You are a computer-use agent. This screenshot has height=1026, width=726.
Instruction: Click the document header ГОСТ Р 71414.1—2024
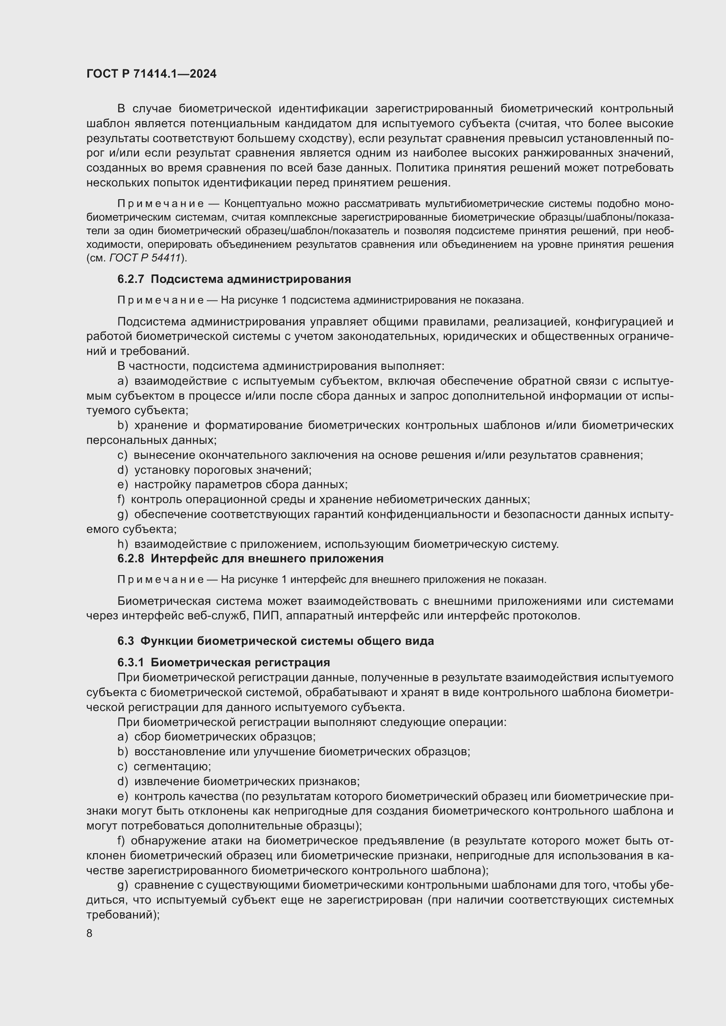pyautogui.click(x=151, y=74)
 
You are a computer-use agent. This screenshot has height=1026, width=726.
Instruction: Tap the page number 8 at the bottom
pyautogui.click(x=90, y=933)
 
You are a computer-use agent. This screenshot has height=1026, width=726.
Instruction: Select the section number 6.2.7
pyautogui.click(x=130, y=279)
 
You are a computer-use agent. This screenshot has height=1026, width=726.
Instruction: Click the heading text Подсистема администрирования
pyautogui.click(x=251, y=279)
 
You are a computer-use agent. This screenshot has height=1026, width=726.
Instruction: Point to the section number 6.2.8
pyautogui.click(x=130, y=558)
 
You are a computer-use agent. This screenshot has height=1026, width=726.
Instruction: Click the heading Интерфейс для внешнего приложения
pyautogui.click(x=267, y=558)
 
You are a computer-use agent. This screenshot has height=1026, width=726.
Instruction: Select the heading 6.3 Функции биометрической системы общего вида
pyautogui.click(x=275, y=641)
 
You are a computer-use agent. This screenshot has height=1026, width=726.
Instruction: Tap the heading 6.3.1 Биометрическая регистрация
pyautogui.click(x=223, y=662)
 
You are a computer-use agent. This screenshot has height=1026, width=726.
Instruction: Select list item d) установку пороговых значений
pyautogui.click(x=215, y=470)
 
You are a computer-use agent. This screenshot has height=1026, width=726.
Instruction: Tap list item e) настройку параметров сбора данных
pyautogui.click(x=233, y=484)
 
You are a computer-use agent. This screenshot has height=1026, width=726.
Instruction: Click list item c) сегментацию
pyautogui.click(x=165, y=766)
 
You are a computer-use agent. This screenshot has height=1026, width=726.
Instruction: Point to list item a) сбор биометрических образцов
pyautogui.click(x=217, y=736)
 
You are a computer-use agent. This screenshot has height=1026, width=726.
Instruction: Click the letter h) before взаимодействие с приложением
pyautogui.click(x=122, y=544)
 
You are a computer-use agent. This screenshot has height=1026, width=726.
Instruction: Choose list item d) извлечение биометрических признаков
pyautogui.click(x=239, y=781)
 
